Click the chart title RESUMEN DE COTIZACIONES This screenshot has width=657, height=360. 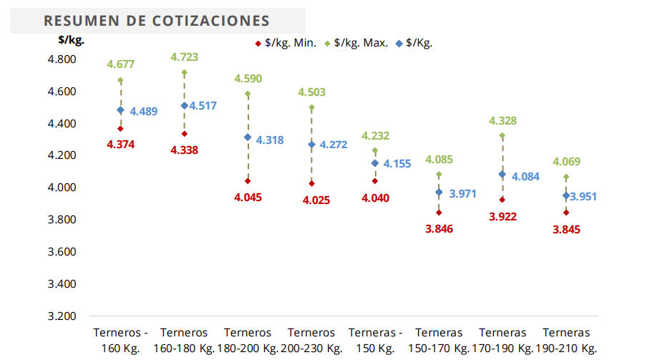[x=157, y=21]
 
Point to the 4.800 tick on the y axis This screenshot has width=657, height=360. [x=62, y=59]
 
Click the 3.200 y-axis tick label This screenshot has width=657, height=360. [x=62, y=316]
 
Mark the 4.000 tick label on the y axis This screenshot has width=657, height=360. [x=62, y=188]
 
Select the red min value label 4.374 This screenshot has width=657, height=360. [x=120, y=144]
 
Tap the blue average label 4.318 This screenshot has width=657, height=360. [x=270, y=140]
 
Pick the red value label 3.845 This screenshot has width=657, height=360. [x=566, y=230]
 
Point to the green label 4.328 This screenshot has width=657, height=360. [x=502, y=121]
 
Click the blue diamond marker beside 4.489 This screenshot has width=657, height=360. [x=120, y=110]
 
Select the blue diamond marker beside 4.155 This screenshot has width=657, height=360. [x=375, y=164]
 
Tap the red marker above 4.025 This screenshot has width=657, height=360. [x=311, y=184]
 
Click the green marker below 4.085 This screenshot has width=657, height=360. [x=439, y=175]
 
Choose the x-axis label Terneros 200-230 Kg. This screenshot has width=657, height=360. [x=311, y=341]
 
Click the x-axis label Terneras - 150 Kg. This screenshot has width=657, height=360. [x=375, y=341]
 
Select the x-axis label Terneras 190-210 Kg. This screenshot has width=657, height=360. [x=566, y=341]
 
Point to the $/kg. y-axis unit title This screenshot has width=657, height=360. [x=71, y=40]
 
